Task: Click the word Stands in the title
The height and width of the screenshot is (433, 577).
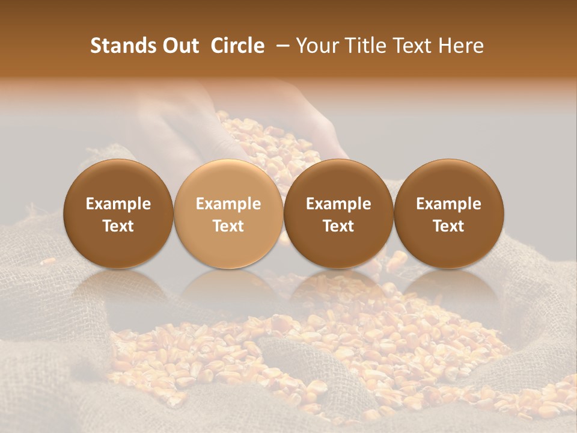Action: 120,46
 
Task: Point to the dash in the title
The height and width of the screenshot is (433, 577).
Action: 280,46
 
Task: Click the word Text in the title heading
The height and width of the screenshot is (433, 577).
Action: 412,46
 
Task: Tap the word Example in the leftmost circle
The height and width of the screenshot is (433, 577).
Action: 118,204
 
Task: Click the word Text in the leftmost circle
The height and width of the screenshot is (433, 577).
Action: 118,226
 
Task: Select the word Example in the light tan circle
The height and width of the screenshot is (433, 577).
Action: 228,204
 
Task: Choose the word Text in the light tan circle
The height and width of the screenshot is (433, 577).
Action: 228,226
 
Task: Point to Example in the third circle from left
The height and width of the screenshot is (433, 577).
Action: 338,204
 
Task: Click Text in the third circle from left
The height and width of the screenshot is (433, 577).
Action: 338,226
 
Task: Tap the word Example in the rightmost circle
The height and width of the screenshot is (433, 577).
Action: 448,204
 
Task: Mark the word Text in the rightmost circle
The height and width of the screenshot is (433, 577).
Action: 448,226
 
